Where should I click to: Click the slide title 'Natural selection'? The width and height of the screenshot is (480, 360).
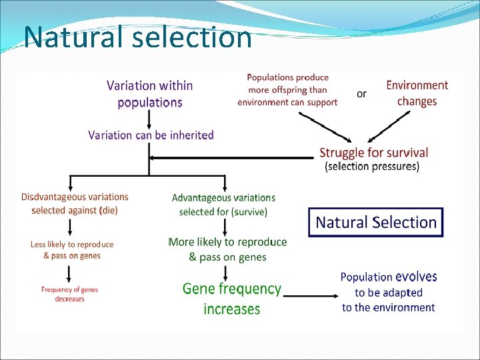(x=138, y=37)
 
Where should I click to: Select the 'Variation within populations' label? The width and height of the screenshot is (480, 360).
(x=150, y=94)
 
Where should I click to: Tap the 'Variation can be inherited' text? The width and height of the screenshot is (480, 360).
(x=151, y=135)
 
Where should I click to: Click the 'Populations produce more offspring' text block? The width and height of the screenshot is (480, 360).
(x=287, y=90)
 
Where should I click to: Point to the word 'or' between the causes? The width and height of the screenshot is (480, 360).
(x=361, y=94)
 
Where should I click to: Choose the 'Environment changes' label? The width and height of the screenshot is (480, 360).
(x=417, y=93)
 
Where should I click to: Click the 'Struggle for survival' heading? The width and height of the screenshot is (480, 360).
(x=373, y=153)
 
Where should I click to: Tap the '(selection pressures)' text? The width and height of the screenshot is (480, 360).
(x=372, y=167)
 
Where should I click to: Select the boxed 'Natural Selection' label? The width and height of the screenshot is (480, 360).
(x=376, y=222)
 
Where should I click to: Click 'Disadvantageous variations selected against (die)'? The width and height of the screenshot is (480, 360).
(x=75, y=203)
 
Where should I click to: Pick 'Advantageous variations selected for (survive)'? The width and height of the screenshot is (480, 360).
(x=223, y=205)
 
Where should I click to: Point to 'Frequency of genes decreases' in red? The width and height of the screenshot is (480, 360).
(x=69, y=294)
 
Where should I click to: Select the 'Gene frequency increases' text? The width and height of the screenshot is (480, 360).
(x=232, y=299)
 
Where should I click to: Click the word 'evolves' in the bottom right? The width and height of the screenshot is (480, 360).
(x=416, y=277)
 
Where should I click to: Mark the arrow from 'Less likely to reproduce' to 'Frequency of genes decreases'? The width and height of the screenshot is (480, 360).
(x=69, y=273)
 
